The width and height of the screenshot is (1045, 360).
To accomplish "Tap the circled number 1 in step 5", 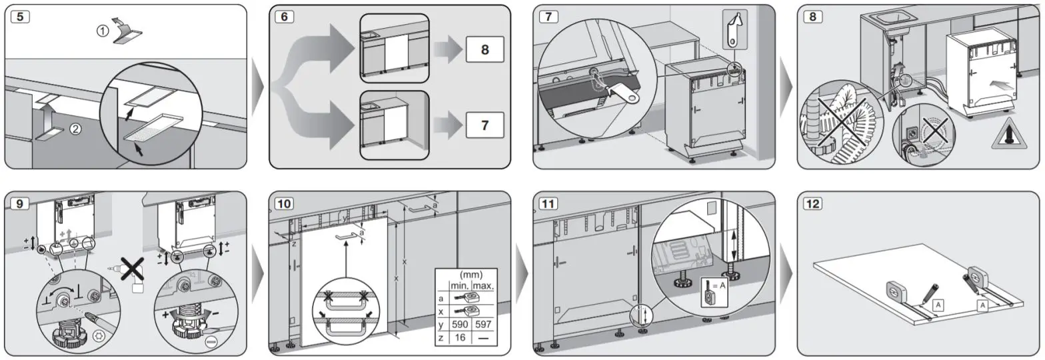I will pos(102,31).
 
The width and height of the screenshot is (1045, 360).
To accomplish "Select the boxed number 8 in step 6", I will pos(485,51).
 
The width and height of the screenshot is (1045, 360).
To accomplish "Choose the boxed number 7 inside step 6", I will pos(485,124).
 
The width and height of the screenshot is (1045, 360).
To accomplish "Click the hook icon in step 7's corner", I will pos(734,29).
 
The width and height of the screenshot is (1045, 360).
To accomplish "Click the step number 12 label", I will pos(814,204).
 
